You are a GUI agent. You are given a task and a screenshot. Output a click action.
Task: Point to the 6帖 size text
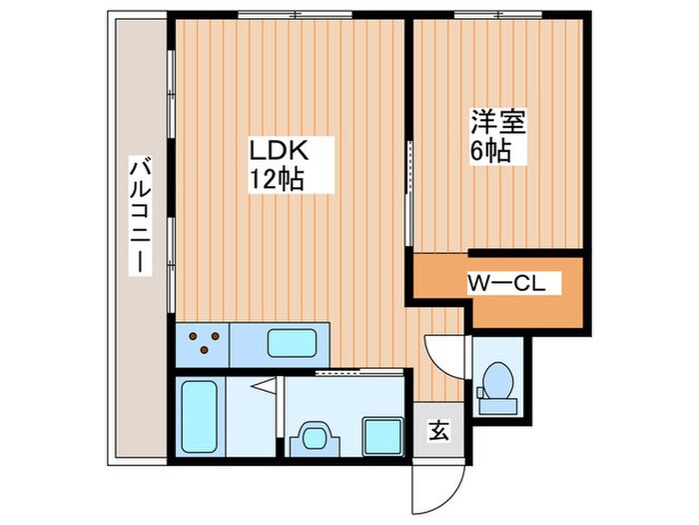tap(492, 151)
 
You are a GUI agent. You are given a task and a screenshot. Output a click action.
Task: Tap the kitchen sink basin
tap(294, 342)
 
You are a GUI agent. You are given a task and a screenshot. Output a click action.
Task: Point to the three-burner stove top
tap(204, 343)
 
